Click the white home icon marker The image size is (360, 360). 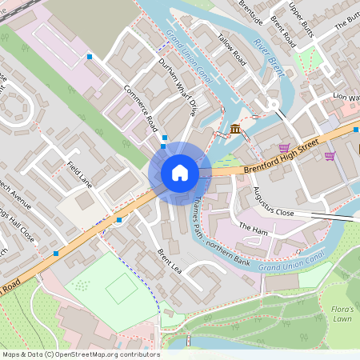[x=180, y=173]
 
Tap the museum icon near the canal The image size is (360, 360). [x=235, y=129]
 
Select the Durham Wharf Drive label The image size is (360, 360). [x=177, y=83]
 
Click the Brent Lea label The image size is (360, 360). [x=170, y=260]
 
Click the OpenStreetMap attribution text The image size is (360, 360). [x=80, y=354]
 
